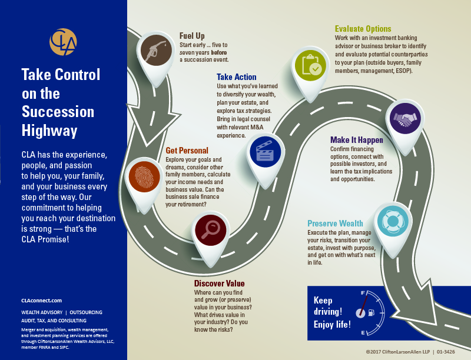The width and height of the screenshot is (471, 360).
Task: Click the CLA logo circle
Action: click(x=63, y=44)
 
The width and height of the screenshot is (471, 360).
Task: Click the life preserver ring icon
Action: click(x=391, y=221)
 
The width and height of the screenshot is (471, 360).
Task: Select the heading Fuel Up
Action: click(x=192, y=36)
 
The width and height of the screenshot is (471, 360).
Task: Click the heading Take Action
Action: click(x=236, y=77)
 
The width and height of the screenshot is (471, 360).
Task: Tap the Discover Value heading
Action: click(x=219, y=284)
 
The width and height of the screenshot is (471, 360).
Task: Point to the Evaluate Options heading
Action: click(x=363, y=29)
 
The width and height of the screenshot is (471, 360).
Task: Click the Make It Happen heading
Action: click(x=356, y=140)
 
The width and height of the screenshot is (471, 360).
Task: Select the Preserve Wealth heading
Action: click(x=335, y=224)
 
